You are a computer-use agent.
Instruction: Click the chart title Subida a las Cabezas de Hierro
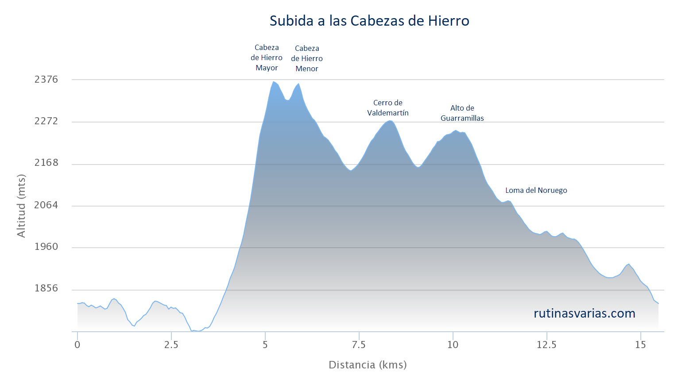369,21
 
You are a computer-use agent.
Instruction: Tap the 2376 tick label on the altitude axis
46,80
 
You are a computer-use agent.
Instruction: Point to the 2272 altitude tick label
46,121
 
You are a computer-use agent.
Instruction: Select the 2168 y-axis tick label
46,163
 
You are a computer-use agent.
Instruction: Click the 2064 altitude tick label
46,205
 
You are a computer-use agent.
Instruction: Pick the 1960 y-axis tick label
46,246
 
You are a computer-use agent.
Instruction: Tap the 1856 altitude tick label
46,288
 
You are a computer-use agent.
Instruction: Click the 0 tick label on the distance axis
77,345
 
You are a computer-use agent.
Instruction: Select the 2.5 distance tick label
171,345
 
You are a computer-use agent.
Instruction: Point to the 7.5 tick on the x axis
359,345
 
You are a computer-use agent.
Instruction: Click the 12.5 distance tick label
546,345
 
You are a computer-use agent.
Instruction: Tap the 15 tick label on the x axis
640,345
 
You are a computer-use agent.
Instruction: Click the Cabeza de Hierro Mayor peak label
267,57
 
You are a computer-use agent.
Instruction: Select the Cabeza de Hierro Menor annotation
306,58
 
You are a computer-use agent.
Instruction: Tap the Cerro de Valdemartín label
387,108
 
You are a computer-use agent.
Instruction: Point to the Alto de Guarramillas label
462,113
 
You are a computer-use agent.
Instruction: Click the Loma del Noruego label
536,190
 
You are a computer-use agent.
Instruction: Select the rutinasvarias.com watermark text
585,314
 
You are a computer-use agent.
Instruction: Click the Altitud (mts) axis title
21,206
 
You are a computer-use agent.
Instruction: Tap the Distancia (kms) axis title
368,365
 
